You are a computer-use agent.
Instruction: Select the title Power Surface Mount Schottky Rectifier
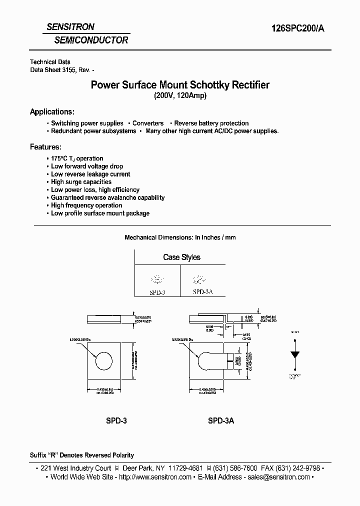(180, 85)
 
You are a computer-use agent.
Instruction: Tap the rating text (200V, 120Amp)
(180, 96)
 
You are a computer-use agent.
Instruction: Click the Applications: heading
(52, 111)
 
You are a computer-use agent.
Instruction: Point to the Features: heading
(45, 147)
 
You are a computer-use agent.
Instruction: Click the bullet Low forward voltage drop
(86, 166)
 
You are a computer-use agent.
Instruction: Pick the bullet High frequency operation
(86, 205)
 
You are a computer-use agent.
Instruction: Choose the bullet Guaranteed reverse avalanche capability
(107, 197)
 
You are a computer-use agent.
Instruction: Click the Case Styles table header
(181, 257)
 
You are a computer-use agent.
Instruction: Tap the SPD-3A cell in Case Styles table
(202, 291)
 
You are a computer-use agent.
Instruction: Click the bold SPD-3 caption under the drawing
(116, 421)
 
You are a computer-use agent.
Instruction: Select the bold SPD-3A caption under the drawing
(221, 421)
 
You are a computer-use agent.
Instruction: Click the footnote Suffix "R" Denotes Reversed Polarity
(82, 455)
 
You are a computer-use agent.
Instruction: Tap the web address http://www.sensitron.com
(155, 477)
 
